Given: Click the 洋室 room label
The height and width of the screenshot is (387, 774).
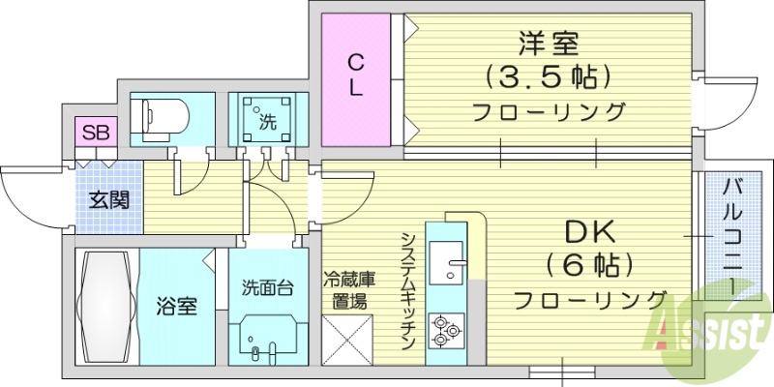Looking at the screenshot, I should (x=549, y=43).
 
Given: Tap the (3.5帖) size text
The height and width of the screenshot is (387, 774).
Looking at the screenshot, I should (x=549, y=75).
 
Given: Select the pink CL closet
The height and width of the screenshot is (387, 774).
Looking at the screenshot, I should (x=356, y=74).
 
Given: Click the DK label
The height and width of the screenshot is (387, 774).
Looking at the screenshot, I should (x=588, y=231).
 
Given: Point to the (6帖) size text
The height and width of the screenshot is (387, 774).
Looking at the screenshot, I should (x=588, y=263).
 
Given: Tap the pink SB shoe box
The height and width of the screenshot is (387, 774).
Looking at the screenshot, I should (x=95, y=132).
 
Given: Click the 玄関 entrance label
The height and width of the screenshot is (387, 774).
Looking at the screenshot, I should (x=109, y=201).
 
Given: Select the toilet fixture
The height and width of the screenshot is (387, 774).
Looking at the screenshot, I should (x=165, y=117).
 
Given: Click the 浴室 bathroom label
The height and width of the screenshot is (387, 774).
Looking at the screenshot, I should (x=177, y=308).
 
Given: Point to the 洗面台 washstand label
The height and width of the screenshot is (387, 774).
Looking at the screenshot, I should (x=268, y=286).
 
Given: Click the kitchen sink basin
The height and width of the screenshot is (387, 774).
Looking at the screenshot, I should (x=446, y=261).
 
